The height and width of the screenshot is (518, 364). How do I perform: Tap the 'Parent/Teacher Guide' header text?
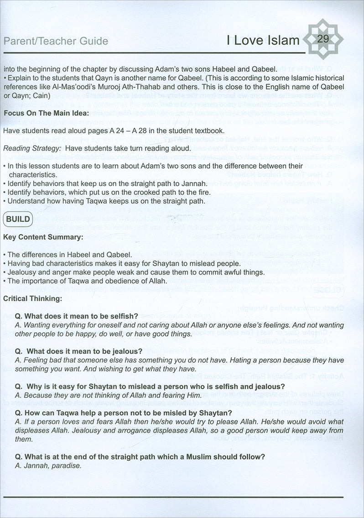pos(56,42)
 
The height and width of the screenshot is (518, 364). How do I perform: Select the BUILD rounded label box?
pos(18,219)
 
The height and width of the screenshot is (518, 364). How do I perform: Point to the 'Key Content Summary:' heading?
pos(37,237)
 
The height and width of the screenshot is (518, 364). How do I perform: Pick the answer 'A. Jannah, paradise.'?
pos(48,466)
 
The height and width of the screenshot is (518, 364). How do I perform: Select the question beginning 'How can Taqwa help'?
pos(124,413)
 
